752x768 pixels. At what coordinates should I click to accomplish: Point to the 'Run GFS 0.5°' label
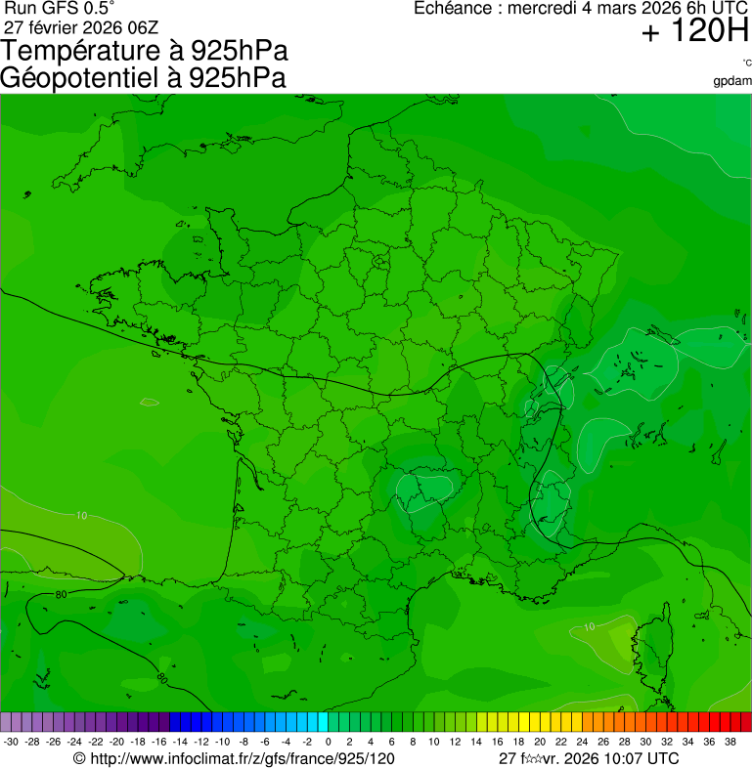pyautogui.click(x=59, y=8)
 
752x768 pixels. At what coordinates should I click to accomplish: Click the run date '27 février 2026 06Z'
pyautogui.click(x=81, y=26)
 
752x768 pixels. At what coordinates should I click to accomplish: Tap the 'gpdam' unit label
pyautogui.click(x=732, y=81)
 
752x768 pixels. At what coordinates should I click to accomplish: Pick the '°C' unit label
pyautogui.click(x=747, y=63)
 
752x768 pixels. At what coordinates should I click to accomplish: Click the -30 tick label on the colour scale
pyautogui.click(x=11, y=742)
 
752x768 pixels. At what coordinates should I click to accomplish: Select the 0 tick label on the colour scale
pyautogui.click(x=328, y=742)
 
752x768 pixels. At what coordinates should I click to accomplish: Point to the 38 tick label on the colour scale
pyautogui.click(x=730, y=742)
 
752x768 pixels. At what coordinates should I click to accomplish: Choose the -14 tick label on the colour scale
pyautogui.click(x=180, y=742)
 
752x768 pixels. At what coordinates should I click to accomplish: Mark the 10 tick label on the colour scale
pyautogui.click(x=433, y=742)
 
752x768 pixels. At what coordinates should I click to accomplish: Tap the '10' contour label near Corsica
pyautogui.click(x=588, y=626)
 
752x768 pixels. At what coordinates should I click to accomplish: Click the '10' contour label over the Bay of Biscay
pyautogui.click(x=81, y=515)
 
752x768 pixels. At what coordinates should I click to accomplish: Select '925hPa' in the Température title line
pyautogui.click(x=240, y=51)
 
